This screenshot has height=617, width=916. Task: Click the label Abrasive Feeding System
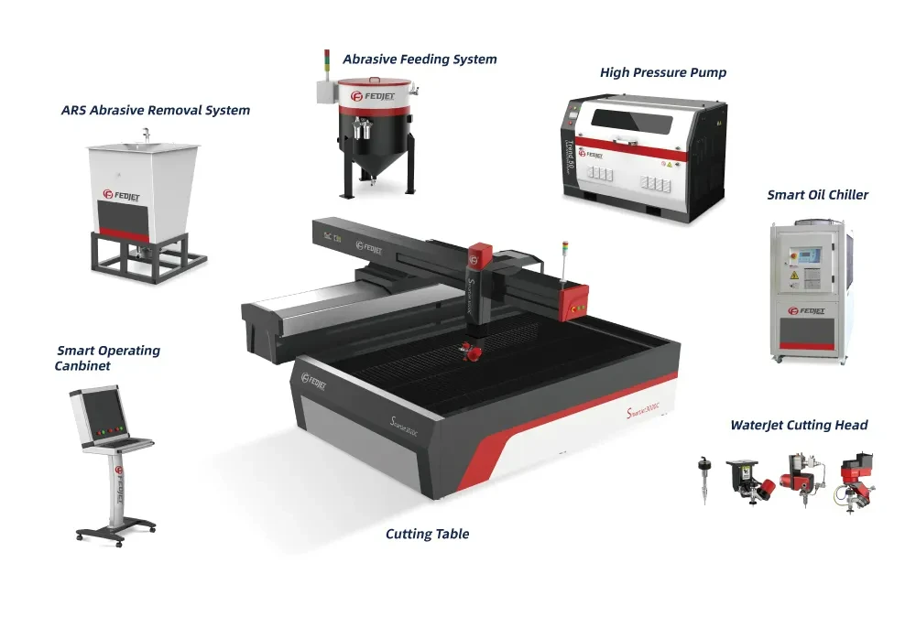420,60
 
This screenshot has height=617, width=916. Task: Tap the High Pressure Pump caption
663,72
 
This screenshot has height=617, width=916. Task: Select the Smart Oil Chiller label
817,195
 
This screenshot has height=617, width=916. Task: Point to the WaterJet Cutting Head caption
799,426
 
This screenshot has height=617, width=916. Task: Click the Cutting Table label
427,535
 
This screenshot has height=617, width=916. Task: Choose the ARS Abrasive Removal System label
156,111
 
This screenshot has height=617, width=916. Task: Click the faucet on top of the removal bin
146,135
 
